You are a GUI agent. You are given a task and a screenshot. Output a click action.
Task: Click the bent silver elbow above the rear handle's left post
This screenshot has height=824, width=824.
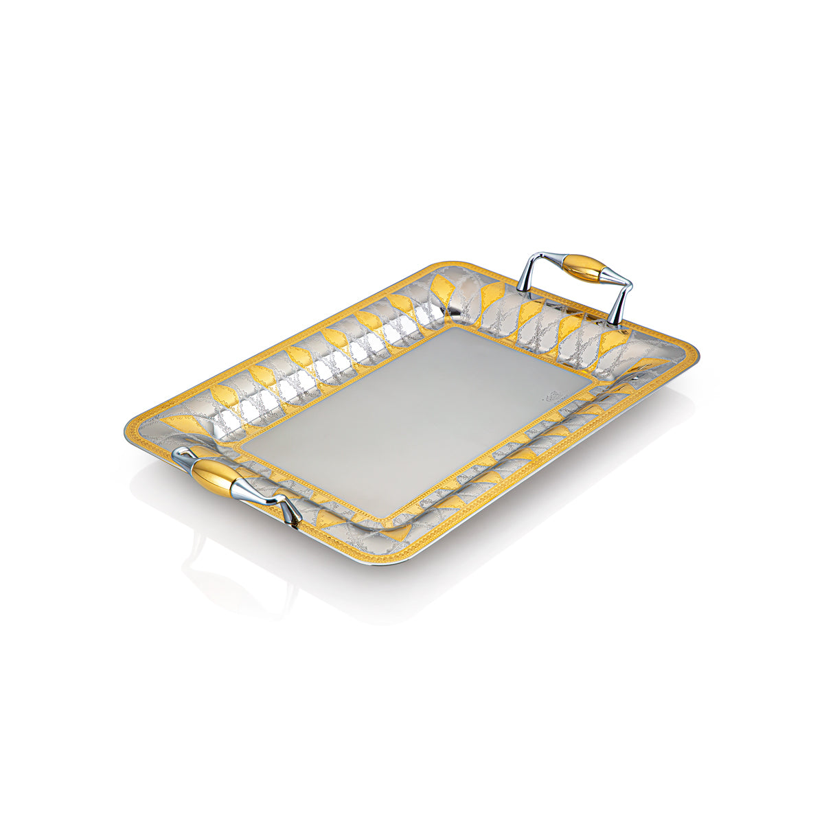pyautogui.click(x=532, y=257)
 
